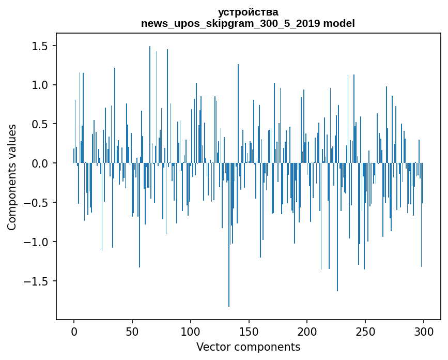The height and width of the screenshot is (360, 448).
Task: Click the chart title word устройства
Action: pos(248,12)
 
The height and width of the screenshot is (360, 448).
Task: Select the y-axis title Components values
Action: pos(12,177)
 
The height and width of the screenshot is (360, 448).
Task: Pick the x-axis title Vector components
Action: pos(248,347)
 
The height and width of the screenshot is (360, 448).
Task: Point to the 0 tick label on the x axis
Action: pos(74,330)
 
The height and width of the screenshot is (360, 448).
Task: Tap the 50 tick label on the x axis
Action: pos(132,330)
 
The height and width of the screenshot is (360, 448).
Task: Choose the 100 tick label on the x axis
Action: pos(191,330)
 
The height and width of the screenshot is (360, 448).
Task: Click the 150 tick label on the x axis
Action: pos(249,330)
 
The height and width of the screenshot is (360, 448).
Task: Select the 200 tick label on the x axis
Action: pos(307,330)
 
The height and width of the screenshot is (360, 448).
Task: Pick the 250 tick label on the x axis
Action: pos(365,330)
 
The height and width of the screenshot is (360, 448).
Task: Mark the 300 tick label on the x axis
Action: pos(424,330)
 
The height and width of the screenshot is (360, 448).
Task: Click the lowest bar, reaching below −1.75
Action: pos(229,259)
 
